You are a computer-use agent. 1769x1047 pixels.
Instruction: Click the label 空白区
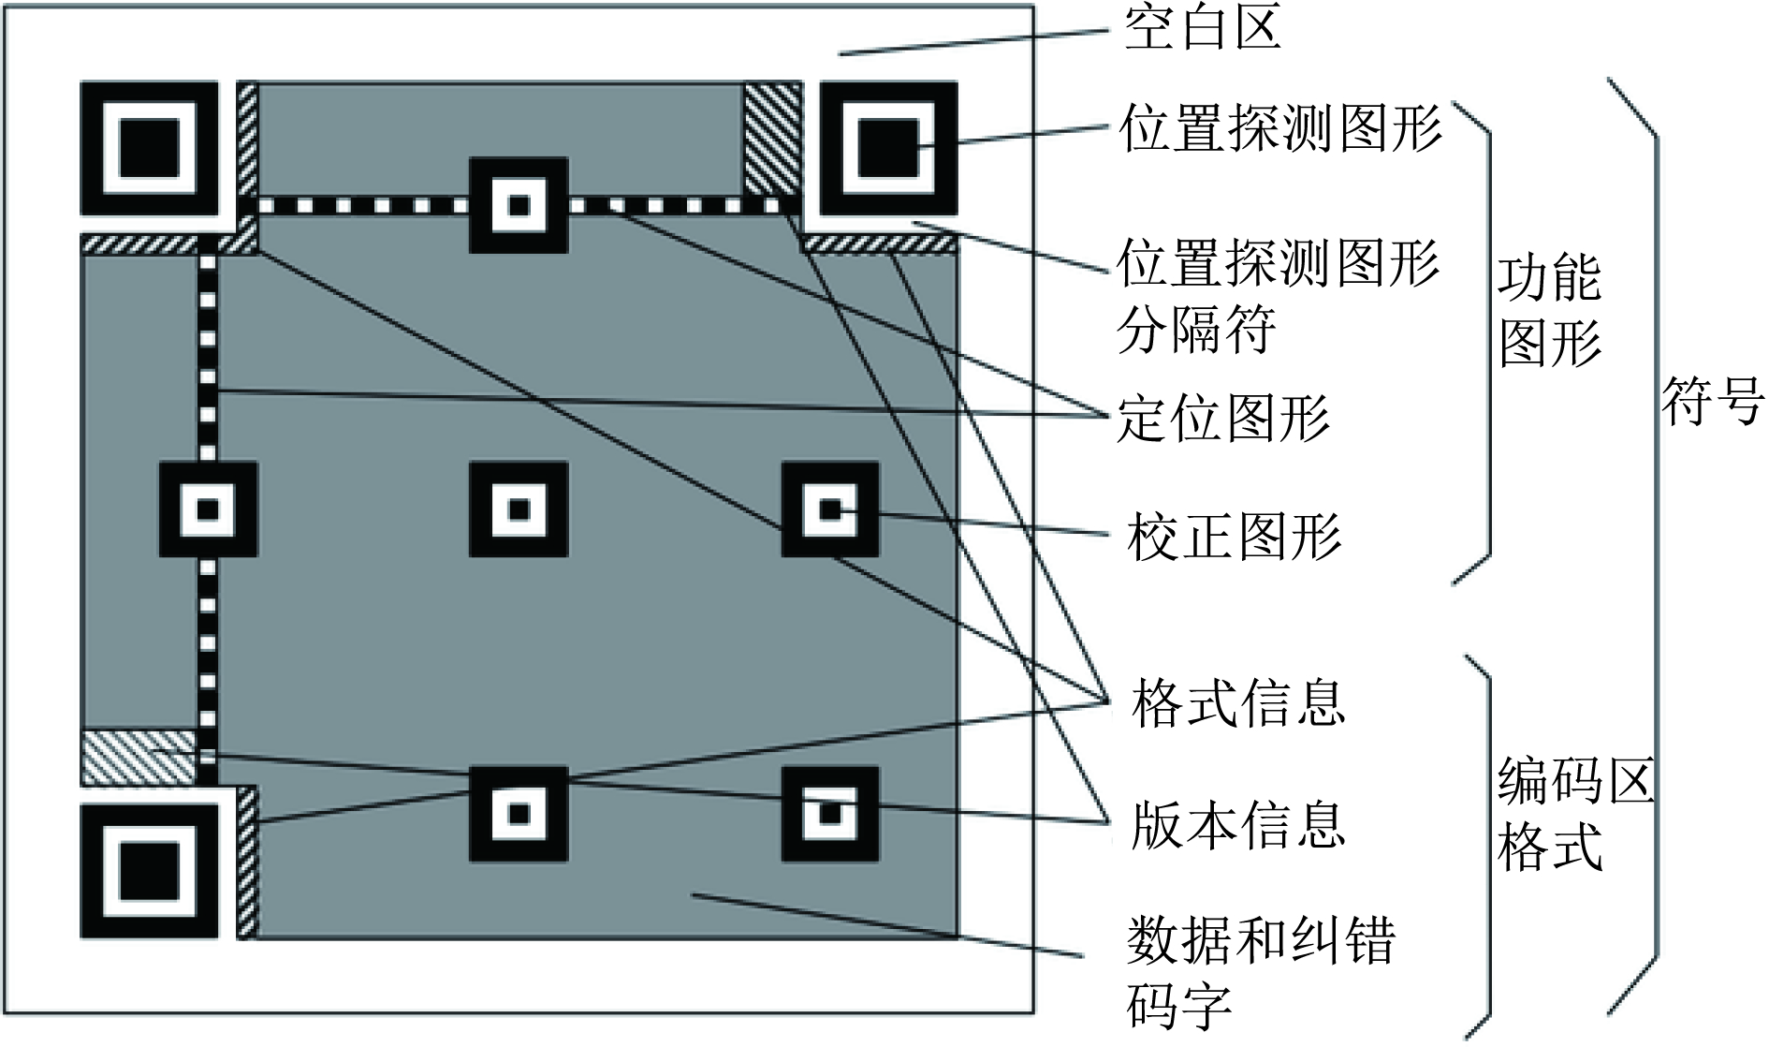point(1202,29)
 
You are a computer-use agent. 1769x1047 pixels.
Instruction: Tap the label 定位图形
point(1224,418)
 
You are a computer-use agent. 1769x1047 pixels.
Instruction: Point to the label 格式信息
point(1238,702)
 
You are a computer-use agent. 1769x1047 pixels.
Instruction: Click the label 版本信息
point(1238,824)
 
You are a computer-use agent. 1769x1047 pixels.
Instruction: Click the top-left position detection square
point(150,148)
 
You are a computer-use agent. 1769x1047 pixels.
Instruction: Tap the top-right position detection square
point(888,148)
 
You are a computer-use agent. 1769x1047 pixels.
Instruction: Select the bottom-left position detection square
point(150,871)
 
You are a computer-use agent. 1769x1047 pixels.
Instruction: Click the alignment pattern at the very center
point(519,509)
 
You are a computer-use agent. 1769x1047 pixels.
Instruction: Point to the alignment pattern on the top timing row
point(519,205)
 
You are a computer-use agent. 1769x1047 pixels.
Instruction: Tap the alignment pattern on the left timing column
point(208,509)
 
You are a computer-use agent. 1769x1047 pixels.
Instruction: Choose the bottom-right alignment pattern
point(830,813)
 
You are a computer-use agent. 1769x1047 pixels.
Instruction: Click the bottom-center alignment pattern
point(519,813)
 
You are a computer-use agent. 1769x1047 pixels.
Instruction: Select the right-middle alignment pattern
point(830,509)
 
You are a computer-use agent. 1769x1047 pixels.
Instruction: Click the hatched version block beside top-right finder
point(773,140)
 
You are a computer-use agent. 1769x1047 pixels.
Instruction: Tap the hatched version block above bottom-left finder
point(139,757)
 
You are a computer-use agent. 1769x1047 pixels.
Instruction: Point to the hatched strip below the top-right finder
point(882,244)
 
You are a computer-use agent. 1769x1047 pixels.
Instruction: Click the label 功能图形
point(1550,311)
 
